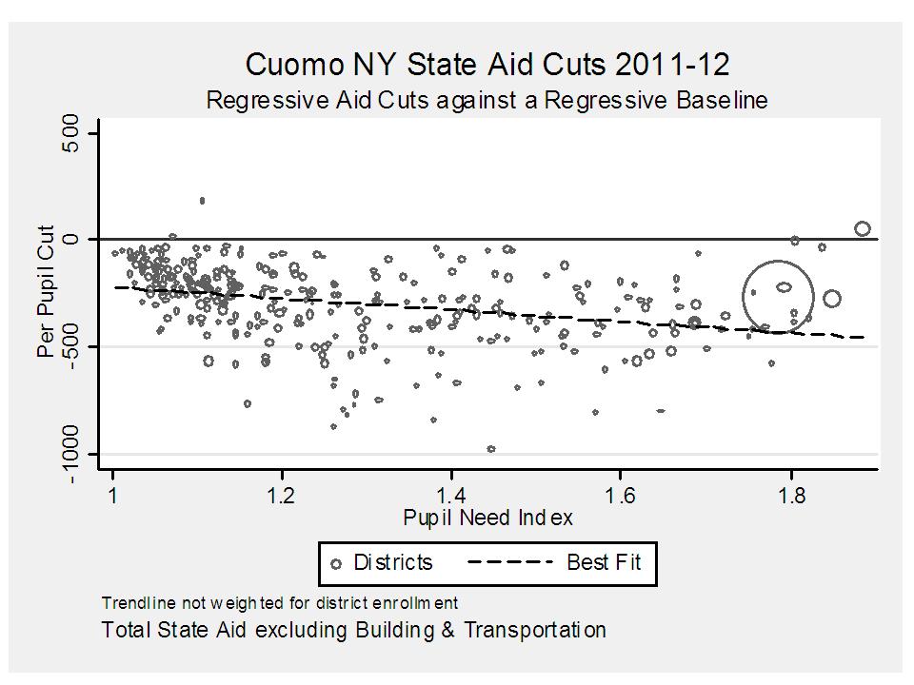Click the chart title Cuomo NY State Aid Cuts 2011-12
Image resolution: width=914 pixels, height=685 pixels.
click(487, 65)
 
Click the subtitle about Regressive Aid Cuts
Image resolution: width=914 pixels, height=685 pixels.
click(487, 99)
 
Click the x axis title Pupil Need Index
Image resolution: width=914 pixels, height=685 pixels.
click(487, 518)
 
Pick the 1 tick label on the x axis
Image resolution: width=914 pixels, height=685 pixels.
click(113, 497)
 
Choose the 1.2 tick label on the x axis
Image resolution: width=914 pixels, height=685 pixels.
click(282, 497)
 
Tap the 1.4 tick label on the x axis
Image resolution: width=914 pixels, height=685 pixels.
click(451, 497)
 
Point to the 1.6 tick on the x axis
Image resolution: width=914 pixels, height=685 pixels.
click(620, 497)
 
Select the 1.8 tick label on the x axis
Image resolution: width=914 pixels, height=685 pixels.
click(790, 497)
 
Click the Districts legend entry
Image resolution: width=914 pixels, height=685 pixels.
click(381, 562)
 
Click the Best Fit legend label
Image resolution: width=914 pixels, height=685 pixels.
click(604, 562)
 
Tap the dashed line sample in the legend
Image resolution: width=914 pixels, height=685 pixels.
click(509, 562)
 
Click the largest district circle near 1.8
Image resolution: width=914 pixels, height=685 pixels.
click(779, 296)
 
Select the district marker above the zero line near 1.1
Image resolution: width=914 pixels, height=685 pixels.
click(202, 201)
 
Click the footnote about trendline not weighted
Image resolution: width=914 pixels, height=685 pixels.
click(279, 602)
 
